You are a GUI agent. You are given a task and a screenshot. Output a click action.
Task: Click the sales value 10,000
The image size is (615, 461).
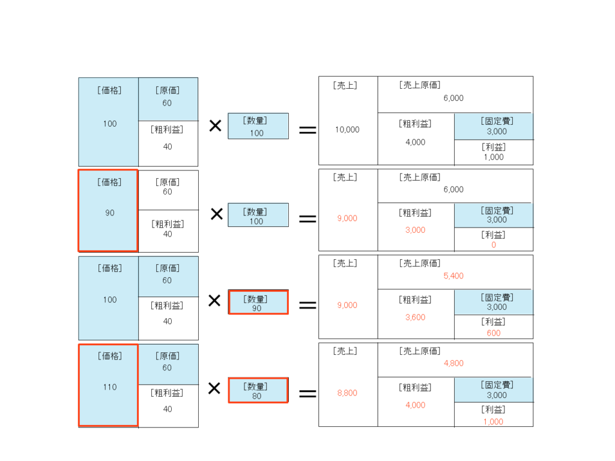coord(347,130)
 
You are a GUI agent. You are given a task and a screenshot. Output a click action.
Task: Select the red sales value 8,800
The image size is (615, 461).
coord(347,393)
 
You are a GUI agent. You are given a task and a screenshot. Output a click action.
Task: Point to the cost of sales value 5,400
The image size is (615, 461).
coord(453,276)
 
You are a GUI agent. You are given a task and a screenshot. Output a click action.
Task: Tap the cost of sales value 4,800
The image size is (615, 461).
coord(453,363)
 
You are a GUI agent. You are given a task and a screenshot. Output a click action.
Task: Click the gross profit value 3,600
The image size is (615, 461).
coord(415,318)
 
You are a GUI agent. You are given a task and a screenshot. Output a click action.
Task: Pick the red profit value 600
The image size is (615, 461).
coord(493,333)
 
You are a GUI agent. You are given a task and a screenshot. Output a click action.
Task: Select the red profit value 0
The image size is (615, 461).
coord(494,245)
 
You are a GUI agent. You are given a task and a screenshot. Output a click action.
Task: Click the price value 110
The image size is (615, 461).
coord(110,387)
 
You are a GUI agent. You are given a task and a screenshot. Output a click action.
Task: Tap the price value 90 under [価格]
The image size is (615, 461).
coord(110,213)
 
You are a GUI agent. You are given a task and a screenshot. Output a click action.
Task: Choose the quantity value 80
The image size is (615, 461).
coord(257,396)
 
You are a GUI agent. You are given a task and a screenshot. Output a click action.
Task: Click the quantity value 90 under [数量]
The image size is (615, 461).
coord(257,309)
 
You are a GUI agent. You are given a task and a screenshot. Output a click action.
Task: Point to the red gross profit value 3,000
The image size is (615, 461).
coord(415,230)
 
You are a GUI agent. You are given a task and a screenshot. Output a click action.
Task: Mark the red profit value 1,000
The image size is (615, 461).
coord(493,421)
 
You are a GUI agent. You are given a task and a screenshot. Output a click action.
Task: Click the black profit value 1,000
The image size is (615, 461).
coord(493,157)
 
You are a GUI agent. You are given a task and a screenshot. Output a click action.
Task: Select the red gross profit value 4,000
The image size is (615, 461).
coord(415,405)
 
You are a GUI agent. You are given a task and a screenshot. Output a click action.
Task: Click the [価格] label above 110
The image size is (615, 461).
coord(109,356)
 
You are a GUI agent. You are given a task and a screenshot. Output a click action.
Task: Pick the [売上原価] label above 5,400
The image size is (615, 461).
coord(420,264)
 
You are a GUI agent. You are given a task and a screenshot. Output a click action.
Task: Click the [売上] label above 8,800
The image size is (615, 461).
coord(345,351)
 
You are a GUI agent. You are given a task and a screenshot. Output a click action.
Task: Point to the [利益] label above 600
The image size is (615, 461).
coord(493,322)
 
